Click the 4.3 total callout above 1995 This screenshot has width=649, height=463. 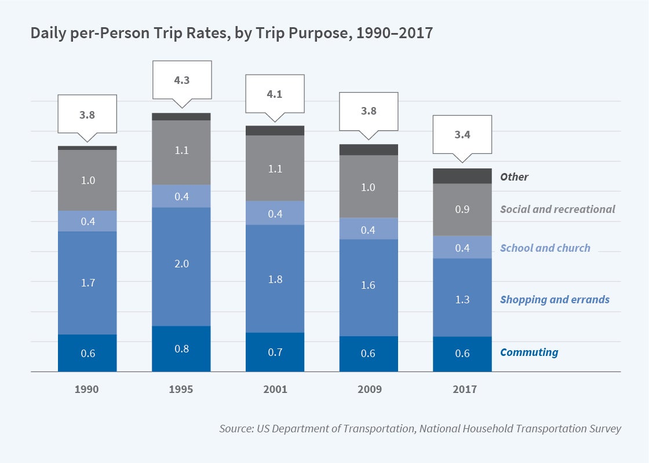(181, 81)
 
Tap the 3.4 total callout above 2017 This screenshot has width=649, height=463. (462, 135)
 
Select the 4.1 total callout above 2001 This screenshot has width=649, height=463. (275, 94)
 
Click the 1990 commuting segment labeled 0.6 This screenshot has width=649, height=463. (87, 353)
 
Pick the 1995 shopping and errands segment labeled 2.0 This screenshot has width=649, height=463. (181, 264)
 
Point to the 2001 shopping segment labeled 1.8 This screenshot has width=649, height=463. (275, 279)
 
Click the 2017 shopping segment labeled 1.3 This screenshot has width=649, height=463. (462, 299)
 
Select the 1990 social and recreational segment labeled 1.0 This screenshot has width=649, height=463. (87, 181)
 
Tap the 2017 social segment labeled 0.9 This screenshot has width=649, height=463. (462, 210)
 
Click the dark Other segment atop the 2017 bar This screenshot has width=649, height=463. (462, 176)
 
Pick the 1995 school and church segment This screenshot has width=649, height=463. (181, 196)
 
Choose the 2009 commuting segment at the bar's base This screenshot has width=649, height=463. (369, 354)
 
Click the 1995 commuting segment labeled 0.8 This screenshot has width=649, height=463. (181, 349)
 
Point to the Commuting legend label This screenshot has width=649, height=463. (529, 352)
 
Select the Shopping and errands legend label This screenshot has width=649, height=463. (555, 300)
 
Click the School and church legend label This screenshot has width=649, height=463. (545, 248)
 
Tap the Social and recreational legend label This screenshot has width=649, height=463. (557, 210)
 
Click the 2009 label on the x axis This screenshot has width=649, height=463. (369, 389)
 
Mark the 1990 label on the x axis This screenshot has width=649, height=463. (87, 389)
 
